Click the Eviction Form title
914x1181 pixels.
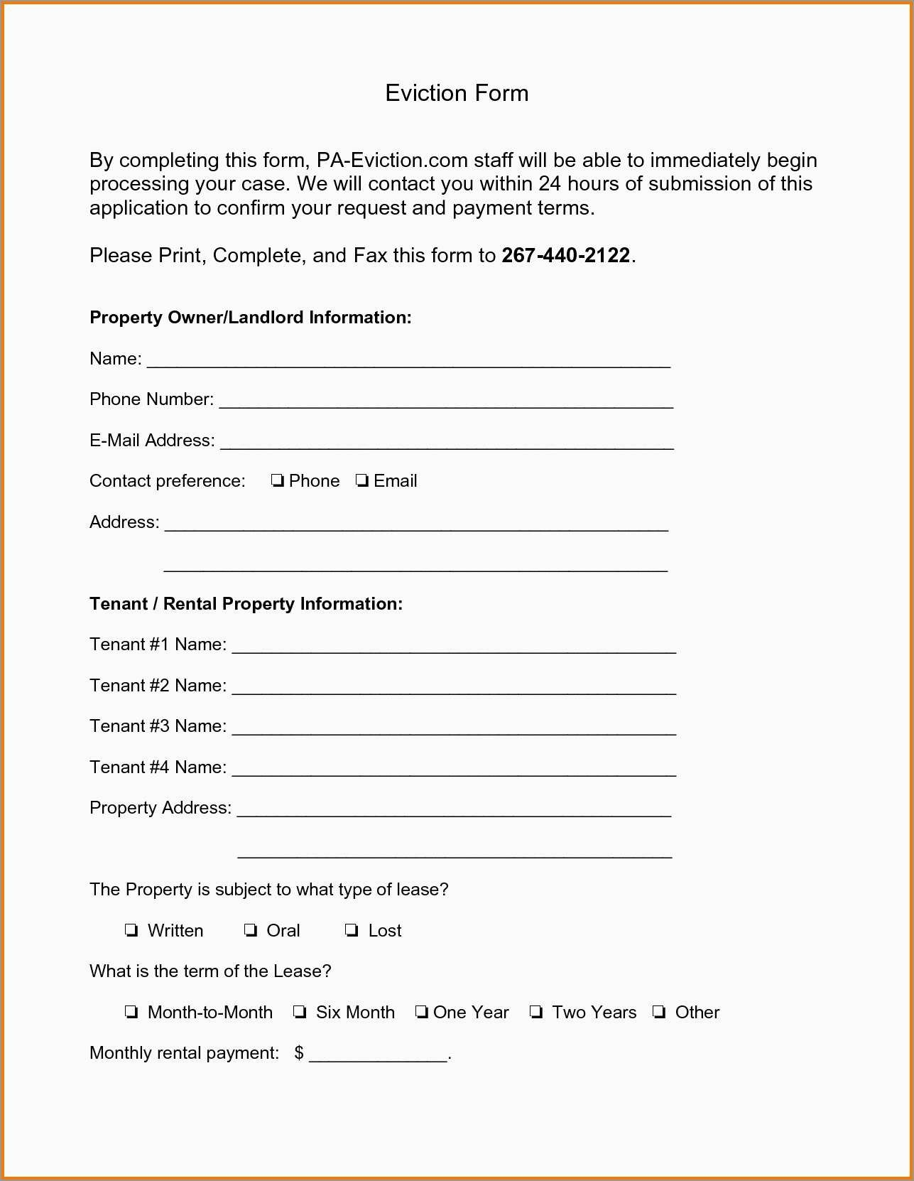click(457, 93)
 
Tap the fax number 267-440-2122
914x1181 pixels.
click(565, 255)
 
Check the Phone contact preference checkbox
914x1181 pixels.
click(277, 481)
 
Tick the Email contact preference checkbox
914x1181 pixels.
click(362, 481)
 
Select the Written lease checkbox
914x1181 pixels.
click(131, 931)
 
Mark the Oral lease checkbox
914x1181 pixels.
click(250, 931)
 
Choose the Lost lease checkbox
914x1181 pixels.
click(352, 931)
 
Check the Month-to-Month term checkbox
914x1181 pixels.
click(131, 1013)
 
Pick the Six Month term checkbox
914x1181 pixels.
click(300, 1013)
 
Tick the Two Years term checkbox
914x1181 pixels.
click(536, 1013)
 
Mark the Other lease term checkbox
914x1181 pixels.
click(660, 1013)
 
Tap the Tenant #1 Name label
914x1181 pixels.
click(158, 645)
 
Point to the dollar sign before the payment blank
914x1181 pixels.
click(299, 1053)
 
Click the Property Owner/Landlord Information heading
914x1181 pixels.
click(250, 318)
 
